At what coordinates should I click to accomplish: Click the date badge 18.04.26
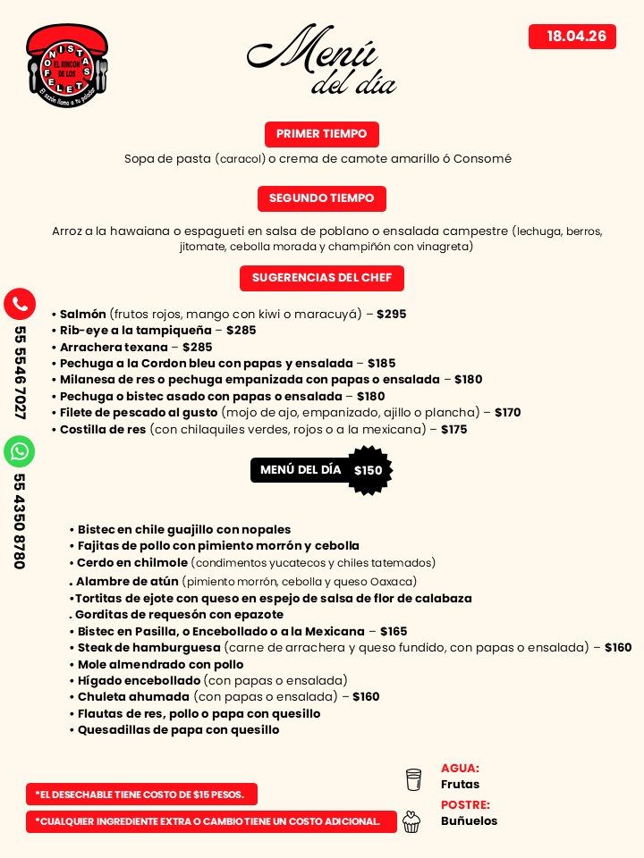pos(572,37)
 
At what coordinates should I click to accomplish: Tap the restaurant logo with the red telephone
pos(67,66)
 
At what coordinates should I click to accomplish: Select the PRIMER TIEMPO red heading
pos(321,134)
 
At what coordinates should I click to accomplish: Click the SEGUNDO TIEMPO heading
pos(321,198)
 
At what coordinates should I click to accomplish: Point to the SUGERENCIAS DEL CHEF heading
pos(321,278)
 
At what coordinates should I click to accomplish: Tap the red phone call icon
pos(20,304)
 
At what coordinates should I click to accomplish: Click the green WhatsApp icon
pos(20,451)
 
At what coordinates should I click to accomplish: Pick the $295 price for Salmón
pos(391,315)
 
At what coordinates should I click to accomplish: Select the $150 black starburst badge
pos(368,471)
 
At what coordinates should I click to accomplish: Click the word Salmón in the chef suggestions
pos(83,315)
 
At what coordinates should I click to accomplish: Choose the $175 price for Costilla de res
pos(453,430)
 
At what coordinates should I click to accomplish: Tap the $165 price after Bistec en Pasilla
pos(393,632)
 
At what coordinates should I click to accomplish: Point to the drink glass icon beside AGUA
pos(413,779)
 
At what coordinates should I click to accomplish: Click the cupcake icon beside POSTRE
pos(411,821)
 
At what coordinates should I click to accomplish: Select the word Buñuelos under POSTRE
pos(469,821)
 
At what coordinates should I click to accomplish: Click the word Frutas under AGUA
pos(460,785)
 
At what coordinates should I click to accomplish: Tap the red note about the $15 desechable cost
pos(141,795)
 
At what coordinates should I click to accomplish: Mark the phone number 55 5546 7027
pos(20,373)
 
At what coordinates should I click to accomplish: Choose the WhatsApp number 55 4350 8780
pos(20,521)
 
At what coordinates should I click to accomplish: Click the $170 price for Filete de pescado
pos(507,413)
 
